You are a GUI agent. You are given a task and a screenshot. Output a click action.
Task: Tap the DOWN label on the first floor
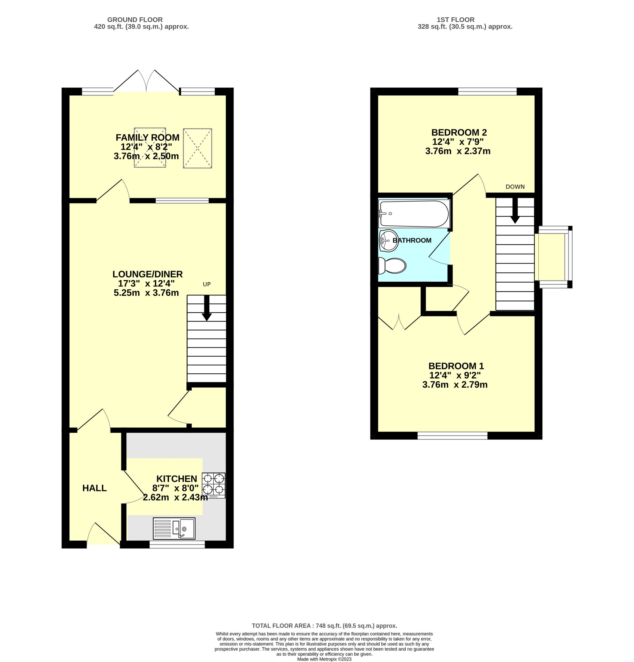(515, 187)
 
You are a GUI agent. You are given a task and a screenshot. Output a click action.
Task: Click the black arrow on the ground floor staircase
(206, 308)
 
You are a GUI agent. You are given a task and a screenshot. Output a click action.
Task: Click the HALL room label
(95, 488)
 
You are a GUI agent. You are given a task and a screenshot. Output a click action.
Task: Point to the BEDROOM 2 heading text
(459, 132)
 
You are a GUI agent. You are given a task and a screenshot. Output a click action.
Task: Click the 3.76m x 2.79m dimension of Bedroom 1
(455, 384)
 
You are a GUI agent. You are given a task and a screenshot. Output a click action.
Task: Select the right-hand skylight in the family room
(198, 148)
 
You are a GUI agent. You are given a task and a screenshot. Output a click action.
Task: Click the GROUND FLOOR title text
(135, 20)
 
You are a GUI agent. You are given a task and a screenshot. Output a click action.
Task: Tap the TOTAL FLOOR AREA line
(324, 626)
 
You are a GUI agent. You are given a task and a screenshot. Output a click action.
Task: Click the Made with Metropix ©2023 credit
(324, 659)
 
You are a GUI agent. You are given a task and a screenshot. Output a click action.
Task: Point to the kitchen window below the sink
(177, 544)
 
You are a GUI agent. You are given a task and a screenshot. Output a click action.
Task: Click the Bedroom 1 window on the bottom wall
(452, 436)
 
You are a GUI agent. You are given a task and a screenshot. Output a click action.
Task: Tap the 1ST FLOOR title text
(465, 20)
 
